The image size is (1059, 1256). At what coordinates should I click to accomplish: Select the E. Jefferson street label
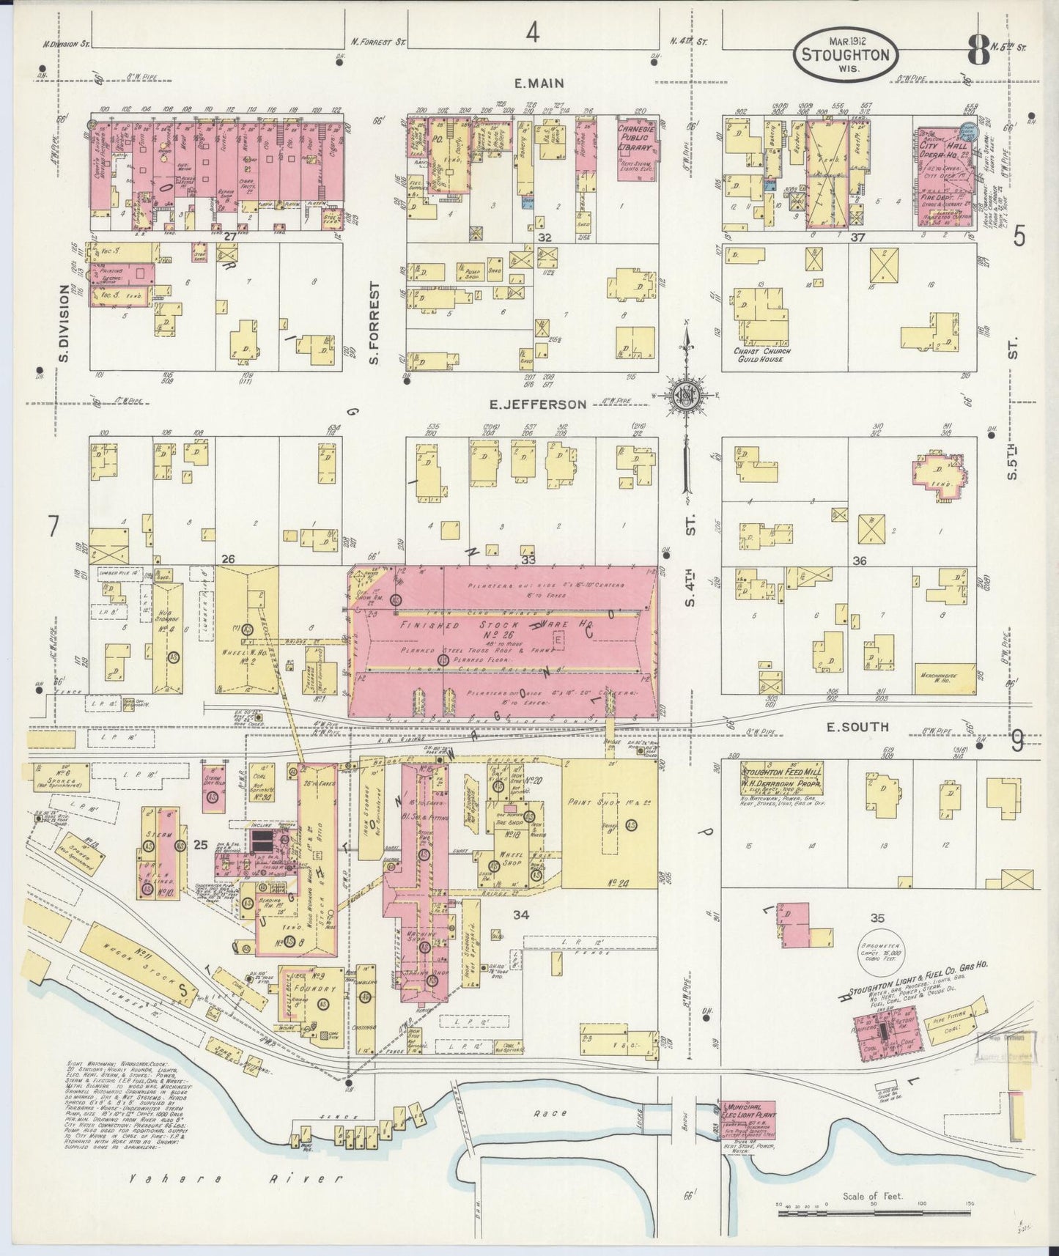point(539,404)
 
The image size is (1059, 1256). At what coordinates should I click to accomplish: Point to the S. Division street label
point(64,323)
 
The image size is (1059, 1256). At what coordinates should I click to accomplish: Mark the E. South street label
point(857,727)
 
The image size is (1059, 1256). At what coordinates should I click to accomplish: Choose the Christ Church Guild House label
point(763,355)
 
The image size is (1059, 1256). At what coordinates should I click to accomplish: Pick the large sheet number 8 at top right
point(977,50)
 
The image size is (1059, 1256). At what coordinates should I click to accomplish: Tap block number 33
point(528,560)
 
